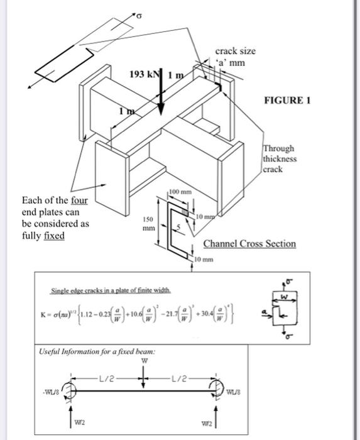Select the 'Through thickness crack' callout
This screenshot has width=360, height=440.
(x=280, y=159)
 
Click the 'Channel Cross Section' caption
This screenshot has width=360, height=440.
(x=249, y=243)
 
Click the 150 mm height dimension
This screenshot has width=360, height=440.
(x=148, y=223)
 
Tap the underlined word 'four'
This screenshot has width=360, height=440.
(x=79, y=201)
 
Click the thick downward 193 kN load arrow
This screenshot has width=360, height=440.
(x=161, y=94)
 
